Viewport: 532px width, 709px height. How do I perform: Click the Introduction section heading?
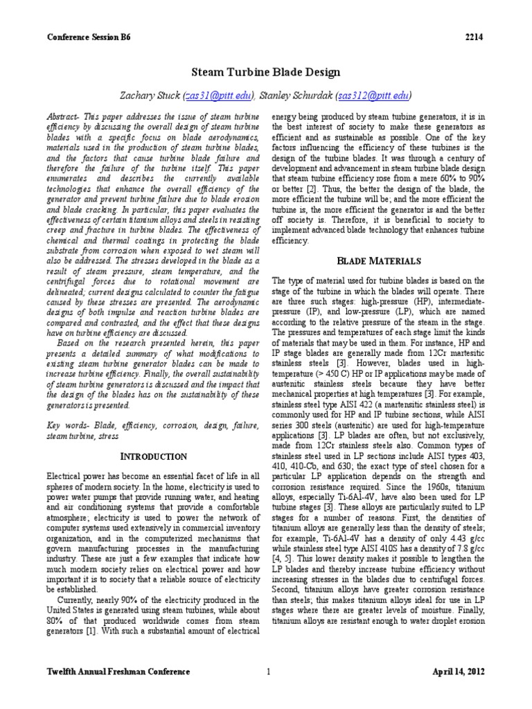[154, 456]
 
